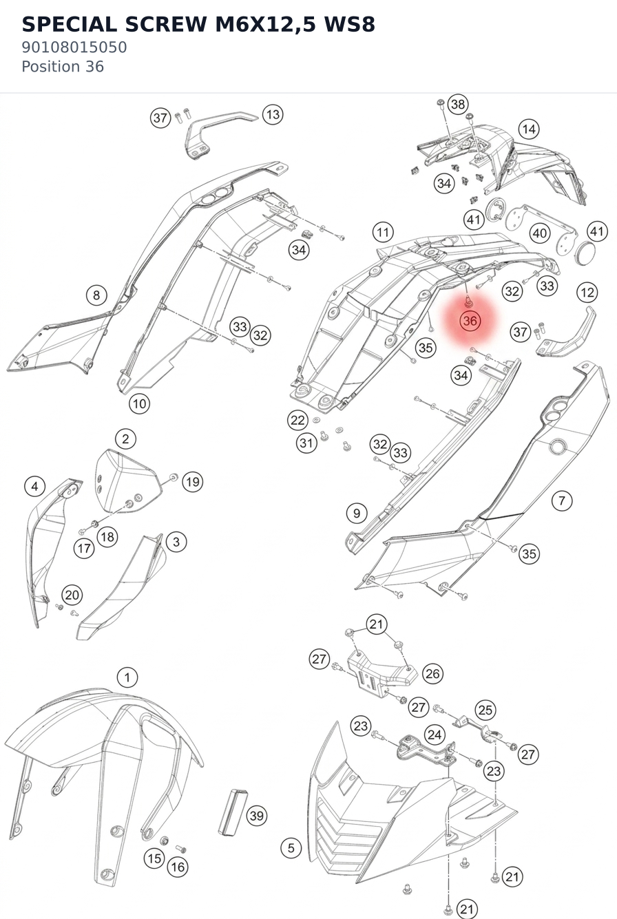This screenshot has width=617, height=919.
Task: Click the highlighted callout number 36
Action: click(470, 320)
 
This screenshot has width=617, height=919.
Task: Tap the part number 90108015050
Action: click(74, 47)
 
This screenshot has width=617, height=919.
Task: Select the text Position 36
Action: click(63, 67)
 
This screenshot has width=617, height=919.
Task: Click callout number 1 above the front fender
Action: click(127, 677)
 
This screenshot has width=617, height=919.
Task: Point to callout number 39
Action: click(257, 816)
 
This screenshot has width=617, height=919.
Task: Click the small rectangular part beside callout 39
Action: click(232, 812)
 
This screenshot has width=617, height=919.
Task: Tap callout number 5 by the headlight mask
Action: click(291, 847)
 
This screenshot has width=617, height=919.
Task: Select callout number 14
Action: click(529, 129)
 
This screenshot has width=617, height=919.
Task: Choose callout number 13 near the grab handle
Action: click(273, 114)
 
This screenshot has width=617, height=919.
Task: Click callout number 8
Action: click(96, 295)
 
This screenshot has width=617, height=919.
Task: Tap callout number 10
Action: click(139, 403)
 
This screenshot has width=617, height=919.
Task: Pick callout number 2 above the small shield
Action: click(125, 439)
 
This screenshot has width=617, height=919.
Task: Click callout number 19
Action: click(193, 482)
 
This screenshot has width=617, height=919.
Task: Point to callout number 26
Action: click(432, 674)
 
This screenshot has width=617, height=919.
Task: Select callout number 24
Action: click(435, 735)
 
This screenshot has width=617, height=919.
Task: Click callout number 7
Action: click(562, 500)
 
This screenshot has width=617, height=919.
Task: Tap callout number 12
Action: click(587, 293)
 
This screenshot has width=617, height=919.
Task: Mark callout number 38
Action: click(458, 104)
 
